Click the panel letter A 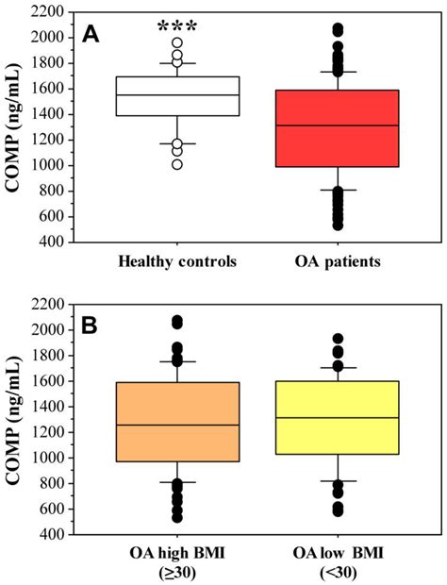(x=91, y=34)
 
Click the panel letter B (x=91, y=326)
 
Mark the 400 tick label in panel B (x=54, y=535)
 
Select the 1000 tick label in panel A (x=50, y=166)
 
